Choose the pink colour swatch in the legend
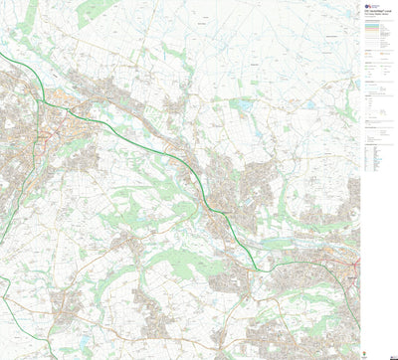coord(372,28)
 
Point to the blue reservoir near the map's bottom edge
coord(71,351)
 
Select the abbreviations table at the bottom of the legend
coord(375,158)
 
